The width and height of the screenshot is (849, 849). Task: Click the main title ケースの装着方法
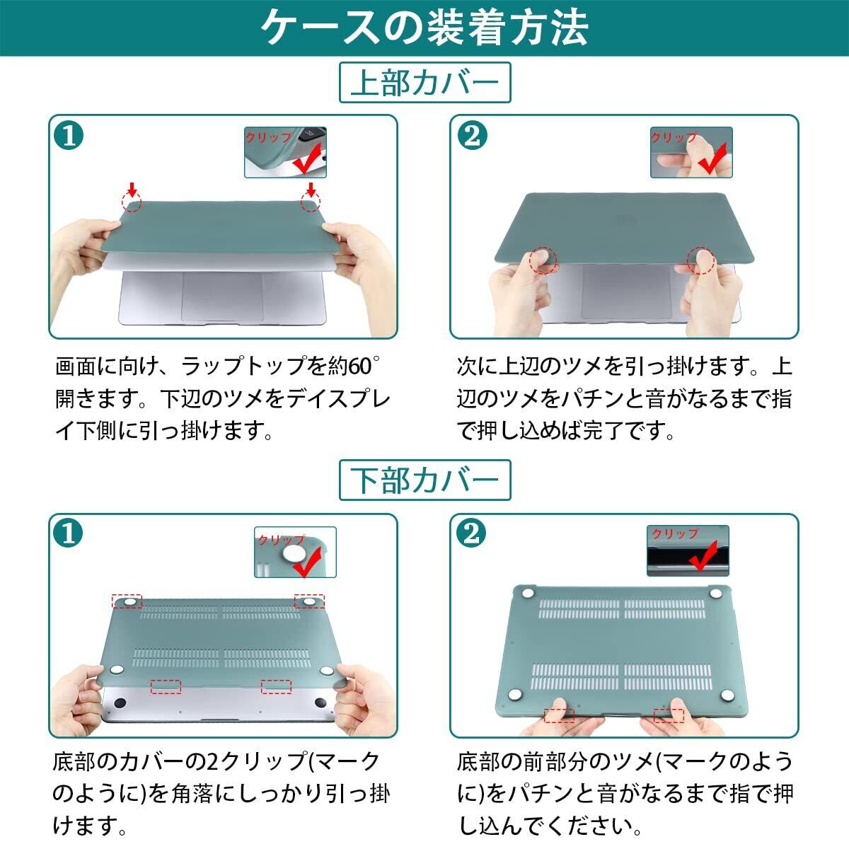coord(424,28)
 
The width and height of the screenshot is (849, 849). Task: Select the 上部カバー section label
coord(424,83)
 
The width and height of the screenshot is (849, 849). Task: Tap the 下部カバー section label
coord(424,480)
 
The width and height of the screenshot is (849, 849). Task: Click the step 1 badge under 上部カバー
coord(69,136)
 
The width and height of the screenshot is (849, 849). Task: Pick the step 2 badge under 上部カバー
coord(473,136)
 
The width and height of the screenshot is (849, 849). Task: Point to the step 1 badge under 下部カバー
coord(68,533)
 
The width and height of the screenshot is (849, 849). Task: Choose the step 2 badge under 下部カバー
coord(472,533)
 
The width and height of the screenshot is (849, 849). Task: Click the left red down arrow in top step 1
coord(132,190)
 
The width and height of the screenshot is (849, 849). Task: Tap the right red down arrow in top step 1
coord(311,190)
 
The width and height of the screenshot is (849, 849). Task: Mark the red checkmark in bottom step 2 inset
coord(704,557)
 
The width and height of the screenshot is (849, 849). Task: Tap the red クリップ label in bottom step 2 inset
coord(676,533)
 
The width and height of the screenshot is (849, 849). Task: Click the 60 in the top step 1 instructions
coord(359,366)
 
